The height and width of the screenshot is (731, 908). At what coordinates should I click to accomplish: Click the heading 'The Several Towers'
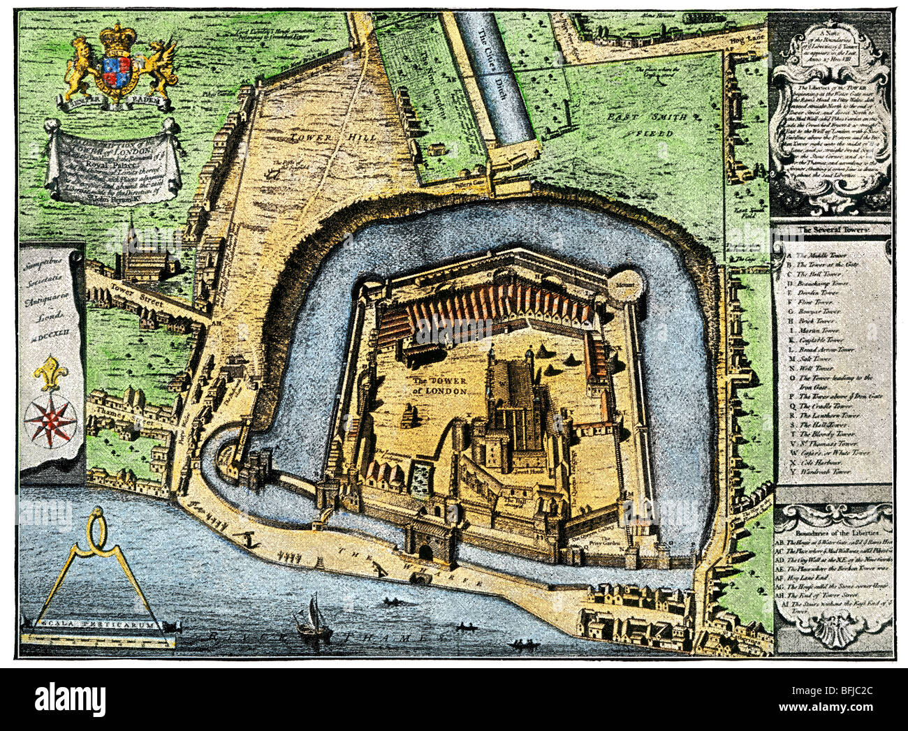point(830,228)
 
